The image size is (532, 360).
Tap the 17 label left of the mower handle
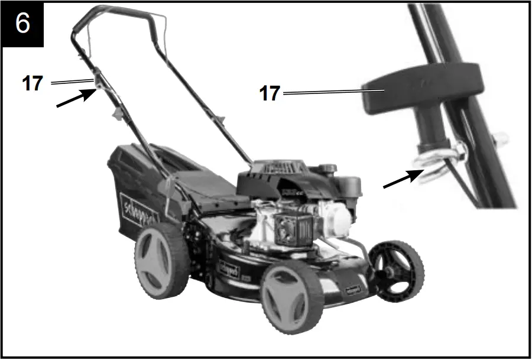(x=32, y=83)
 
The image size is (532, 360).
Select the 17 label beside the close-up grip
(x=270, y=93)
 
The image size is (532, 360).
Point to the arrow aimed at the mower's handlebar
(x=73, y=98)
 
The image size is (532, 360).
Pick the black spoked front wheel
(x=395, y=269)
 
